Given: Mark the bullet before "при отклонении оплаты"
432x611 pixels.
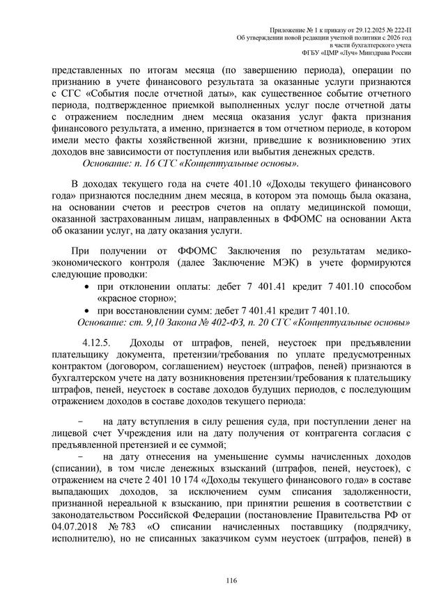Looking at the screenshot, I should coord(86,287).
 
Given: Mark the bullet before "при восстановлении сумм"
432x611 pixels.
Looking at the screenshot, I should coord(86,310).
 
